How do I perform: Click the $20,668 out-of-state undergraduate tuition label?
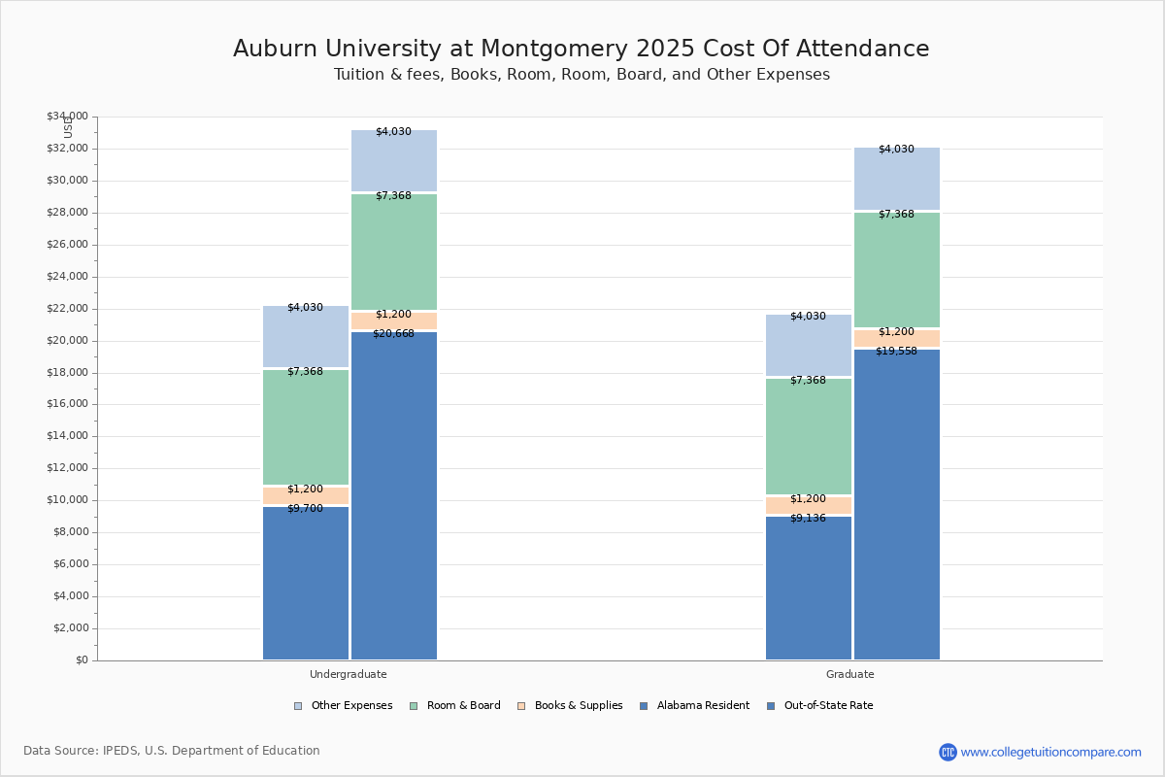pos(393,334)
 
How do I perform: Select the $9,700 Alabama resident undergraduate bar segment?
pos(306,583)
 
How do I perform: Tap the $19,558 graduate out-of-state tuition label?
pos(896,352)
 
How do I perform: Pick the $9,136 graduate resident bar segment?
pos(809,588)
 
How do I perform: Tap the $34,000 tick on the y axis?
pos(67,117)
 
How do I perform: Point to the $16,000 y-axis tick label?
pos(67,404)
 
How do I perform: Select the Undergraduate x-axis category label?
pos(348,674)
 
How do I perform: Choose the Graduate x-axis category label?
pos(850,674)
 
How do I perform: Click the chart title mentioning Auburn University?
pos(581,49)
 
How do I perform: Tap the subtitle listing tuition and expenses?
pos(581,75)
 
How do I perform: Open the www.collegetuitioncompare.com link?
pos(1050,752)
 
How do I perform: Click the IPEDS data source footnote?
pos(172,751)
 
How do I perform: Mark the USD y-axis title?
pos(68,127)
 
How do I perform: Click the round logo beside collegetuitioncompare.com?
pos(948,752)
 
